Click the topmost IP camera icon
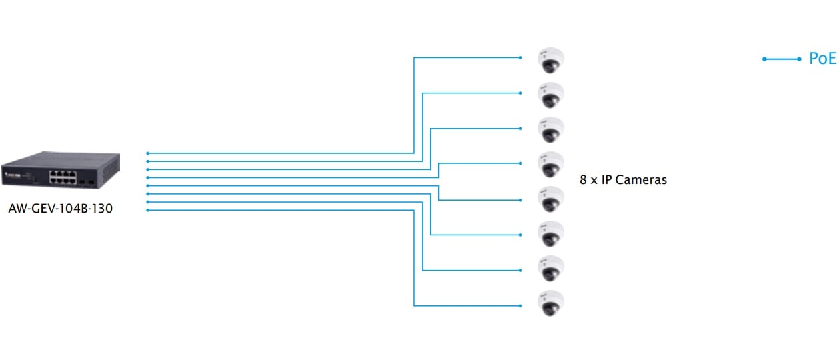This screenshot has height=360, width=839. tap(551, 60)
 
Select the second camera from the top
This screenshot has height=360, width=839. tap(551, 95)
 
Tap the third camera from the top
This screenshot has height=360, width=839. tap(551, 129)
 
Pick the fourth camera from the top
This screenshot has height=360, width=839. tap(551, 164)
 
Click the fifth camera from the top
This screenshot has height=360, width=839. tap(551, 199)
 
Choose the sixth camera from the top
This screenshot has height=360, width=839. tap(551, 234)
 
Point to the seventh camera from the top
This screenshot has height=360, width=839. tap(551, 269)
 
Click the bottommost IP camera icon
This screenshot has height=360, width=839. tap(551, 303)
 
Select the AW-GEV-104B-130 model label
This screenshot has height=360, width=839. tap(61, 209)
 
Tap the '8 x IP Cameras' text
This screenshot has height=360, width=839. tap(623, 180)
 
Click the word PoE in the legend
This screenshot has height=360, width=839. tap(822, 59)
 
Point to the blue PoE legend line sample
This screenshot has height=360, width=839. tap(782, 59)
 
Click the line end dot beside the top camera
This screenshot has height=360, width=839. tap(520, 57)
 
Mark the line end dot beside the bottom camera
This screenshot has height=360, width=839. tap(520, 306)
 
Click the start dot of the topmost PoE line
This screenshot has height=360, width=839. tap(147, 153)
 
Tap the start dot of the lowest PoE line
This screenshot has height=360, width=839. tap(147, 211)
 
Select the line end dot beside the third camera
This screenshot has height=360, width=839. tap(520, 128)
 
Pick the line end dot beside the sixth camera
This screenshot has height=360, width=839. tap(520, 235)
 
